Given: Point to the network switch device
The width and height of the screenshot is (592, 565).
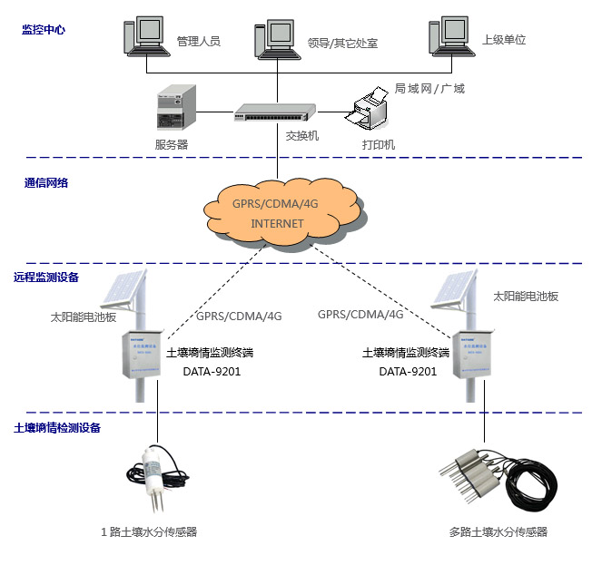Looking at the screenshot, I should click(274, 112).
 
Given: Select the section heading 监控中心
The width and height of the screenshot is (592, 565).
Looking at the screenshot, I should click(44, 30).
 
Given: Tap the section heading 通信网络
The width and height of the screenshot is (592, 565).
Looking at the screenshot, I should click(46, 182).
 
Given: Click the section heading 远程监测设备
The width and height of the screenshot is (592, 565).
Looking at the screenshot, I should click(53, 278).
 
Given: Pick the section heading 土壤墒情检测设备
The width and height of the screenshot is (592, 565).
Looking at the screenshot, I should click(57, 427).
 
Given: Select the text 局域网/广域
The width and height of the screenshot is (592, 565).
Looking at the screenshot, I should click(429, 89).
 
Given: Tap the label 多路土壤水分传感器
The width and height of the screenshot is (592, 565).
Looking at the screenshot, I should click(498, 532).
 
